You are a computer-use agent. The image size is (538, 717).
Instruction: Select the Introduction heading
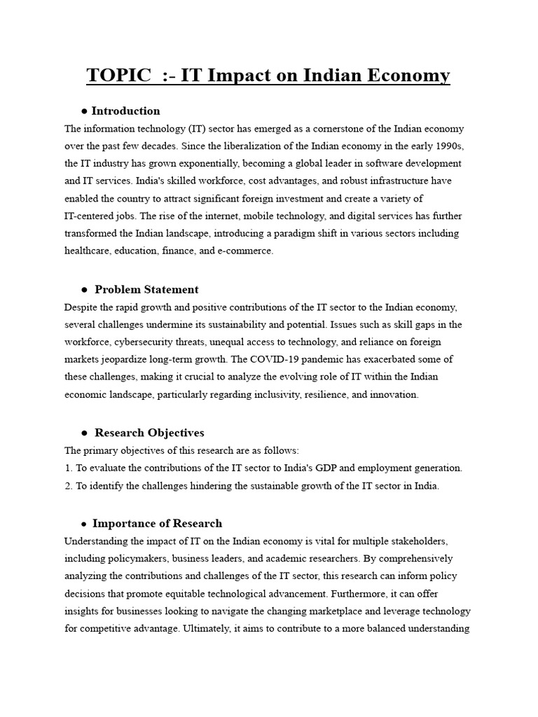click(126, 111)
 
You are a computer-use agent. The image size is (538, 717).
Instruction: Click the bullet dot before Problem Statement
click(84, 290)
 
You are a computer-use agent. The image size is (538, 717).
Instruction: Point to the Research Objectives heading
click(149, 433)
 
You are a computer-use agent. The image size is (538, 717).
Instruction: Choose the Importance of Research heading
click(158, 523)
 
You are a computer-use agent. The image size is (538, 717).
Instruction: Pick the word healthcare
click(89, 251)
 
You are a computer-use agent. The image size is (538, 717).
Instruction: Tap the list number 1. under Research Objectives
click(68, 468)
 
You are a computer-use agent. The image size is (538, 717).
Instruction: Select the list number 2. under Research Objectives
click(68, 486)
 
